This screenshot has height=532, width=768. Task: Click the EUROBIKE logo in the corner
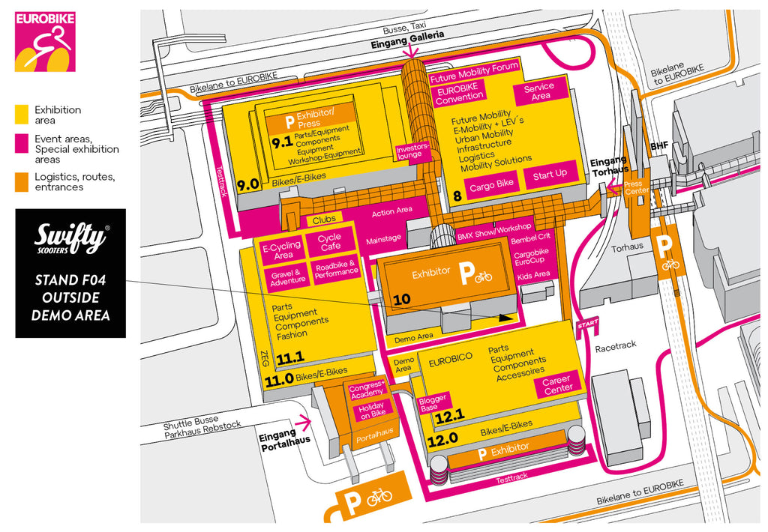pos(45,41)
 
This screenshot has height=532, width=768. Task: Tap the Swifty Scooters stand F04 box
pos(70,273)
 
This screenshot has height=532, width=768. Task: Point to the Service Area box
pos(540,91)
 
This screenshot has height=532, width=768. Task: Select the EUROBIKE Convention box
pos(460,93)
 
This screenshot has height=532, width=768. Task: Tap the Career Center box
pos(557,384)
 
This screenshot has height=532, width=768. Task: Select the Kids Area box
pos(533,275)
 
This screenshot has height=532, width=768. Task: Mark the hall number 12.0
pos(442,440)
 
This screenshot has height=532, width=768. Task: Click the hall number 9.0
pos(248,184)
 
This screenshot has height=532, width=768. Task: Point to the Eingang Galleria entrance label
pos(407,35)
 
